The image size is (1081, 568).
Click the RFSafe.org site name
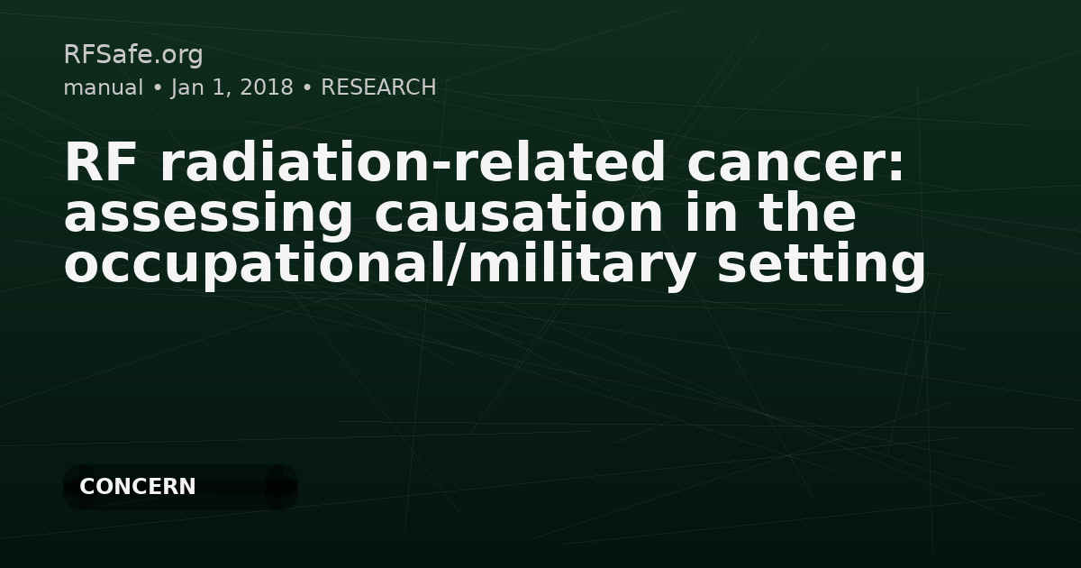tap(133, 55)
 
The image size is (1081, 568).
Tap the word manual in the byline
tap(103, 87)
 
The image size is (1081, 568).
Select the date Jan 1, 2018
tap(232, 87)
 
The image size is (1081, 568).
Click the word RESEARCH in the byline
tap(378, 87)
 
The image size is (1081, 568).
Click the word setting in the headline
tap(821, 265)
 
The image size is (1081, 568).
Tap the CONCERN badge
tap(138, 487)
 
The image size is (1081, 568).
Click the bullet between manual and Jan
tap(157, 88)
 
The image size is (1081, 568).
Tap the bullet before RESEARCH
tap(307, 88)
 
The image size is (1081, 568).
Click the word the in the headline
tap(807, 215)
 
